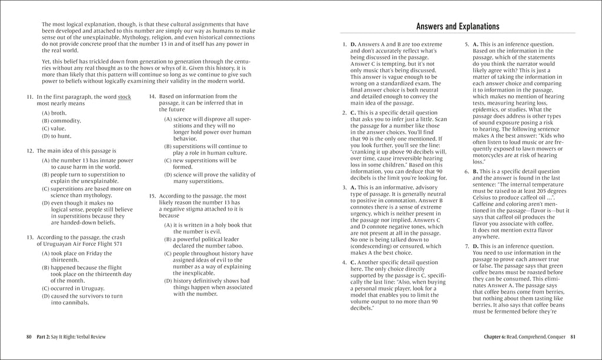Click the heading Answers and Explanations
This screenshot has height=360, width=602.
pyautogui.click(x=457, y=26)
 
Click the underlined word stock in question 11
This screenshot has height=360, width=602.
pyautogui.click(x=125, y=96)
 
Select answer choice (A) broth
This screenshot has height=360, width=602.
pyautogui.click(x=54, y=112)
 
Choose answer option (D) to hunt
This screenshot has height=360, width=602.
pyautogui.click(x=56, y=136)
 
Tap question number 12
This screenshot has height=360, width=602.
pyautogui.click(x=30, y=151)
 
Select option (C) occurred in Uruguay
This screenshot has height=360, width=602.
pyautogui.click(x=73, y=288)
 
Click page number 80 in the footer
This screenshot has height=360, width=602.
pyautogui.click(x=29, y=336)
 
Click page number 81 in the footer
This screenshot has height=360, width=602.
pyautogui.click(x=573, y=336)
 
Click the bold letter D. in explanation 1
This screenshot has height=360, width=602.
pyautogui.click(x=353, y=45)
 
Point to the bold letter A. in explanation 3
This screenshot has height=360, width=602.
pyautogui.click(x=353, y=187)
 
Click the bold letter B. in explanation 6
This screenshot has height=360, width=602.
pyautogui.click(x=476, y=171)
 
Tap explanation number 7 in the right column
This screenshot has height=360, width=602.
pyautogui.click(x=467, y=245)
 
